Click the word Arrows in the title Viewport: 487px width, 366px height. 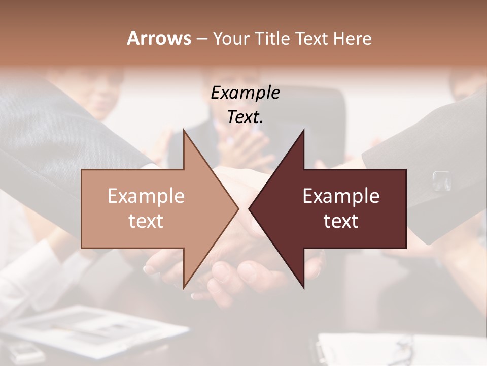[159, 38]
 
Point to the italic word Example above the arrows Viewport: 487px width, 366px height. [245, 93]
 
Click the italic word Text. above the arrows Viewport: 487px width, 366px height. [245, 117]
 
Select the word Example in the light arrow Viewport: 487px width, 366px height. [146, 196]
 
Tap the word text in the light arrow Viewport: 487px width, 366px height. [146, 221]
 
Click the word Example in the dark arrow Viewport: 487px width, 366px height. [341, 196]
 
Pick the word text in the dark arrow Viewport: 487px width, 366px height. [341, 221]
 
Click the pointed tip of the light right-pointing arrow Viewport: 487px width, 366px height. [237, 208]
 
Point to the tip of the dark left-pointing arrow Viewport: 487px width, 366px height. [250, 208]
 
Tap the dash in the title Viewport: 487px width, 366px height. [201, 38]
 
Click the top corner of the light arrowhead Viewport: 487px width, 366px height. [184, 131]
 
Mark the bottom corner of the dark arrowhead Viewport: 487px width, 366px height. [303, 288]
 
